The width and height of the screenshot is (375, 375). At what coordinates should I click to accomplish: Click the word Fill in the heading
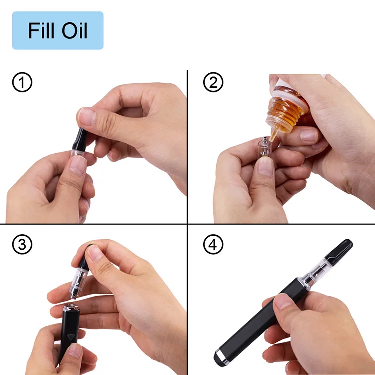[x=42, y=31]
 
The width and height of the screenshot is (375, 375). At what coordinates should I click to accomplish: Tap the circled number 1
[x=22, y=82]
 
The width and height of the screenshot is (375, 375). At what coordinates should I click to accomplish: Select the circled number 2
[x=213, y=82]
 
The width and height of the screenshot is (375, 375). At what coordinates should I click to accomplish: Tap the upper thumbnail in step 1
[x=86, y=116]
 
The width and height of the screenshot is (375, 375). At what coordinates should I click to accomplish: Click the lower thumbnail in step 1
[x=78, y=164]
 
